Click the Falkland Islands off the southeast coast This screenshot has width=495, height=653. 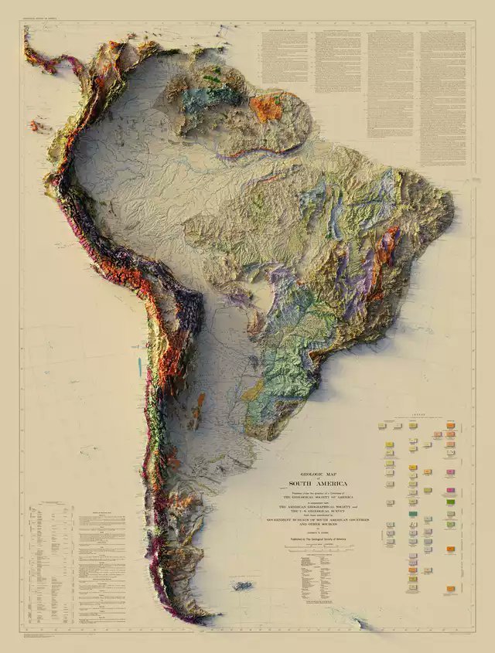coord(243,586)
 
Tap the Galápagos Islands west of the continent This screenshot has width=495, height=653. coord(34,125)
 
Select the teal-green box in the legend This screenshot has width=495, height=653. coord(413,513)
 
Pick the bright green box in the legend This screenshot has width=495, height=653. coord(450,502)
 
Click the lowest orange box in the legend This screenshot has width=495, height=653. coord(450,589)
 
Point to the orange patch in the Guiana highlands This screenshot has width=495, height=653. coord(268,107)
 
